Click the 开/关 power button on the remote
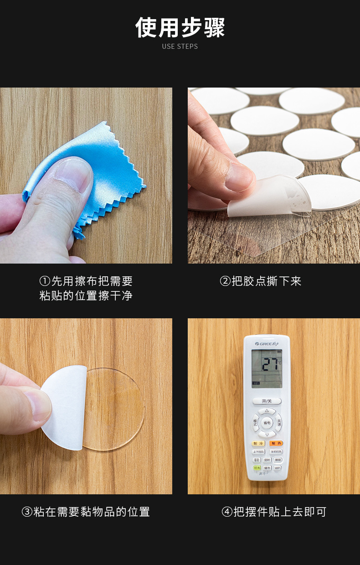point(267,401)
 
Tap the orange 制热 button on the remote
point(276,443)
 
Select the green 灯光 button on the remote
point(257,468)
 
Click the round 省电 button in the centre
point(267,423)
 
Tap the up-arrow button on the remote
point(267,411)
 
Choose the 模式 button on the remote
point(256,423)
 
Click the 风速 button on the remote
point(279,423)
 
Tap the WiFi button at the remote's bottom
point(277,468)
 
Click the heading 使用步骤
point(180,28)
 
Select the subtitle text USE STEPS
point(180,47)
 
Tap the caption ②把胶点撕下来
point(261,281)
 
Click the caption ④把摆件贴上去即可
point(274,512)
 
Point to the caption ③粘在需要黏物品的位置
point(86,512)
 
